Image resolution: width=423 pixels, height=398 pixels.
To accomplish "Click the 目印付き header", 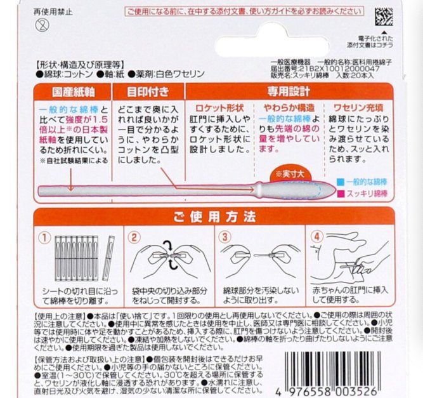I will tap(147, 91).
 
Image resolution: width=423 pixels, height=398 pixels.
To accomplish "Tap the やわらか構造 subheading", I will tap(287, 108).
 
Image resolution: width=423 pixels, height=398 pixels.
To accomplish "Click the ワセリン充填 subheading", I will tap(356, 108).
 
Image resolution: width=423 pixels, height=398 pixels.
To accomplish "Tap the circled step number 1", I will tap(45, 237).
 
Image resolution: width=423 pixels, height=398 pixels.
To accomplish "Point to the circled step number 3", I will tap(225, 237).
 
